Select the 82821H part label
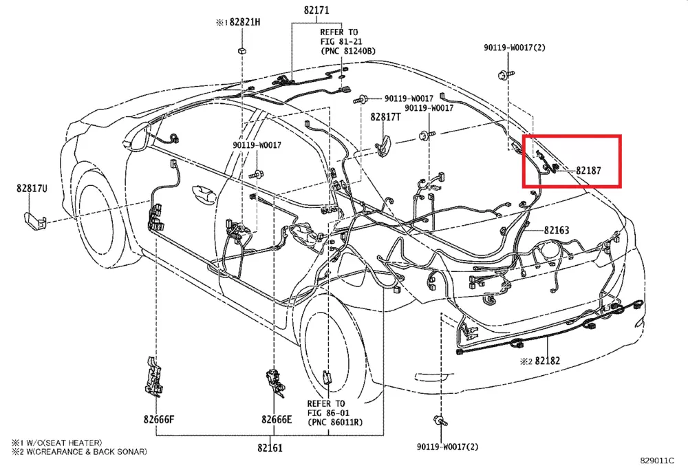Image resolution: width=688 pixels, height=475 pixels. click(x=244, y=22)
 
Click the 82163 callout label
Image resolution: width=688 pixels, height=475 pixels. click(x=557, y=230)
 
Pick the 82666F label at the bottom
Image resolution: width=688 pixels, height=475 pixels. click(x=159, y=419)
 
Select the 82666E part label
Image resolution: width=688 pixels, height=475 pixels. click(x=277, y=419)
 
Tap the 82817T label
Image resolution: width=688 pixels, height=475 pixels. click(x=385, y=118)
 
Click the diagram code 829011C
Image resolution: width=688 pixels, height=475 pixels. click(x=657, y=461)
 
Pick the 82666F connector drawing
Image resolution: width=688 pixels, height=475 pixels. click(x=153, y=377)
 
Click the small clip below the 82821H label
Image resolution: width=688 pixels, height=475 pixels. click(x=242, y=50)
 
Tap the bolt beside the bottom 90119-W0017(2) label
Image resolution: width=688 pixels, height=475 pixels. click(x=437, y=419)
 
